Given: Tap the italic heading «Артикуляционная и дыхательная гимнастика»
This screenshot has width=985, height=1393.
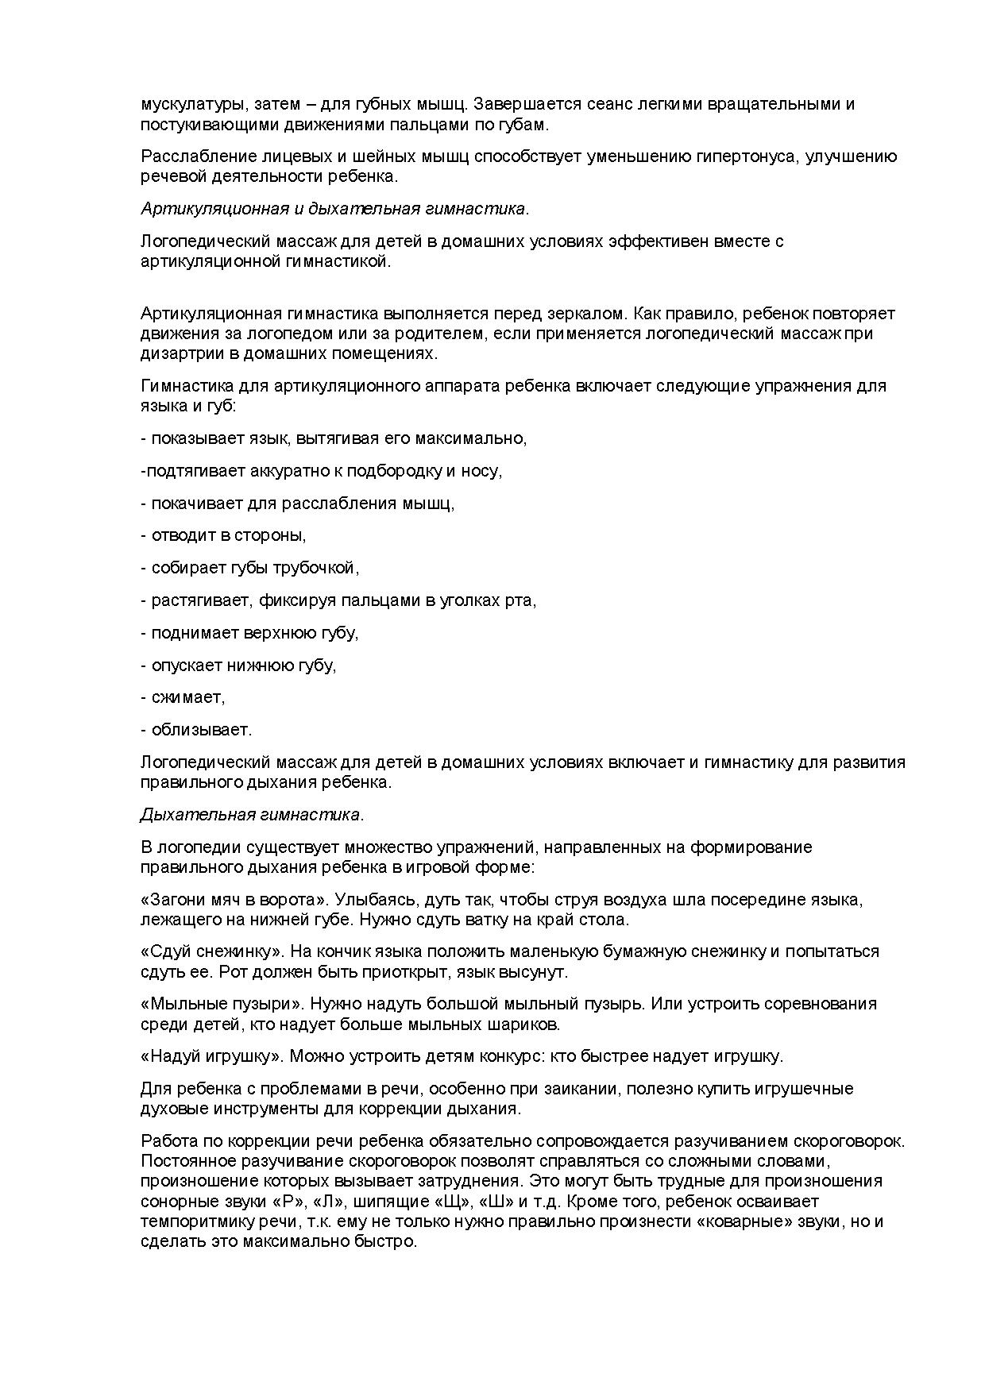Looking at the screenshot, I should (x=334, y=209).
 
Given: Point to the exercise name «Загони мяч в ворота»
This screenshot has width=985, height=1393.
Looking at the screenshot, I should (x=234, y=900).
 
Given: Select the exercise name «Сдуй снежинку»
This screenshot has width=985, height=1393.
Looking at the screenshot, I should (x=211, y=951).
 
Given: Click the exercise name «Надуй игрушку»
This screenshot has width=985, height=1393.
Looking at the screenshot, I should (x=212, y=1056).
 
